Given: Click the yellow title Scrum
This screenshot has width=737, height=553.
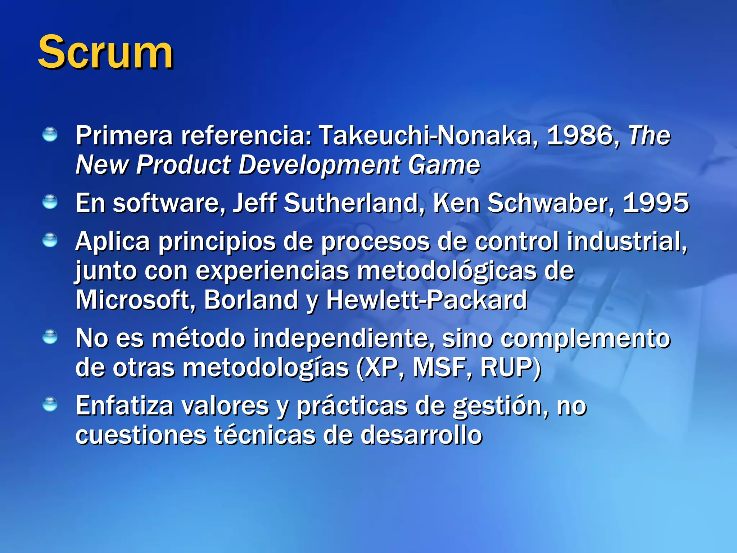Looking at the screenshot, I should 105,53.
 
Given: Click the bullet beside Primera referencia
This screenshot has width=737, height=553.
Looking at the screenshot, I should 50,135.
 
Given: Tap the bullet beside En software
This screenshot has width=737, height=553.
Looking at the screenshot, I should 50,202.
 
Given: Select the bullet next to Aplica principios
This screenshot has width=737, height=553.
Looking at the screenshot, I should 50,240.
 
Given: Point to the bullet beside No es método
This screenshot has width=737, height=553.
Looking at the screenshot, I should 50,337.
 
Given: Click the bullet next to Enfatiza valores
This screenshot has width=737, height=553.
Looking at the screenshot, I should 50,404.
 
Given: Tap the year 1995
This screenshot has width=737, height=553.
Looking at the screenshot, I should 656,203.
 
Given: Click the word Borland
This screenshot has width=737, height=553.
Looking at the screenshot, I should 251,300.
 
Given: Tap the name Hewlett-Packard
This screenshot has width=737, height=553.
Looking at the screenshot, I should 427,300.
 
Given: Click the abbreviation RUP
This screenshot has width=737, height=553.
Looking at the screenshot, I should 508,368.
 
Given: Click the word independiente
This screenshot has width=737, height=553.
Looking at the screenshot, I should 344,338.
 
